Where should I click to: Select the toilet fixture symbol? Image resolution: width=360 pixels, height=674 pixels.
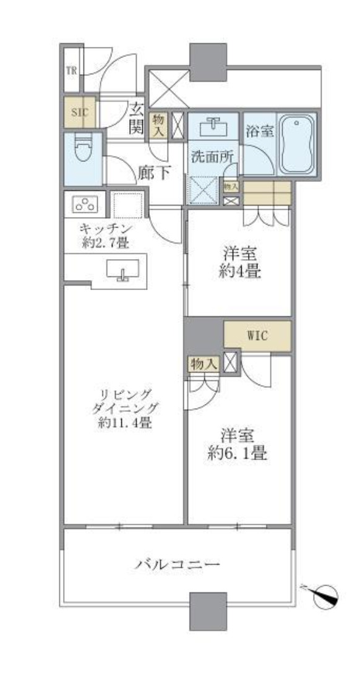tap(82, 150)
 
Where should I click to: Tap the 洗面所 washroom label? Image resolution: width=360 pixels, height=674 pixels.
tap(212, 157)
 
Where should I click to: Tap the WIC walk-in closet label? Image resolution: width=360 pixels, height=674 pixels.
tap(257, 337)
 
